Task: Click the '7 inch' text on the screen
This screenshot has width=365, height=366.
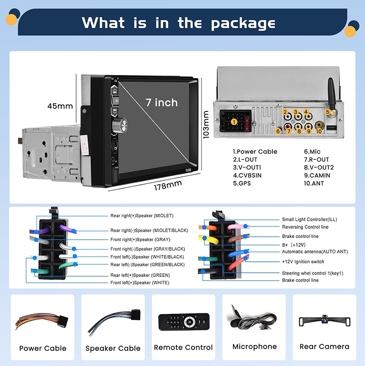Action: tap(162, 102)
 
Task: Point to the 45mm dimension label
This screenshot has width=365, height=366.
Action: tap(60, 106)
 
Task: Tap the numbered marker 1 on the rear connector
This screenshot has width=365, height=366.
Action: tap(234, 122)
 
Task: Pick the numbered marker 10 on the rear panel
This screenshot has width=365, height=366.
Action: tap(319, 131)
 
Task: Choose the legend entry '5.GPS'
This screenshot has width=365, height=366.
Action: tap(242, 183)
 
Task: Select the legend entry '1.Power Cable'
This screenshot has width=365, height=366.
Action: tap(255, 152)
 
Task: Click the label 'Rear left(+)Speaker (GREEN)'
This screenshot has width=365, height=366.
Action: tap(140, 276)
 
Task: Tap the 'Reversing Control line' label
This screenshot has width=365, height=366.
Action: tap(305, 227)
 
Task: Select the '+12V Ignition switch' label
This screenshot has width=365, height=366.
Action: tap(303, 262)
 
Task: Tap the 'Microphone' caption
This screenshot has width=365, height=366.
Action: tap(255, 347)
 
